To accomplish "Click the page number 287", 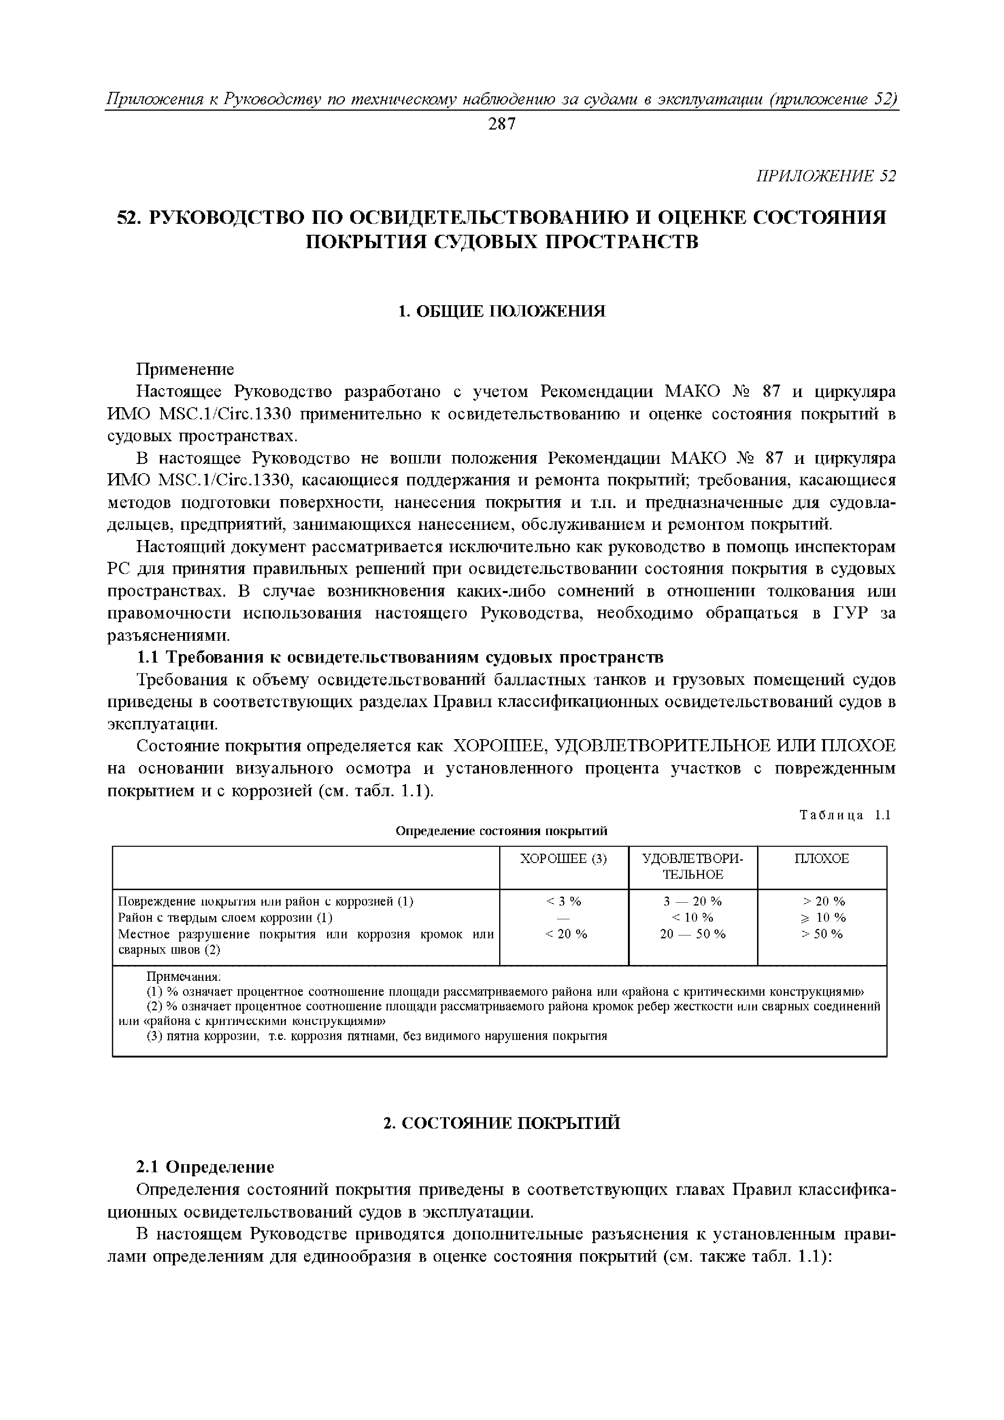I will pos(501,125).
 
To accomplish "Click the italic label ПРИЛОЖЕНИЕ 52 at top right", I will pos(826,176).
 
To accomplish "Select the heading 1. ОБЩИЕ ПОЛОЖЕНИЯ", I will pos(501,311).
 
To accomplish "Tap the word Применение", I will pos(185,369).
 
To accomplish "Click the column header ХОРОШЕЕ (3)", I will pos(563,859).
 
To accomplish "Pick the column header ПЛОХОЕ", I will pos(821,859).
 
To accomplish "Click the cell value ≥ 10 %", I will pos(821,917).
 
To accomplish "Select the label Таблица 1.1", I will pos(844,815).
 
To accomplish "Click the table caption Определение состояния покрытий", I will pos(501,831).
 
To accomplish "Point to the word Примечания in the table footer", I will pos(183,977).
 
